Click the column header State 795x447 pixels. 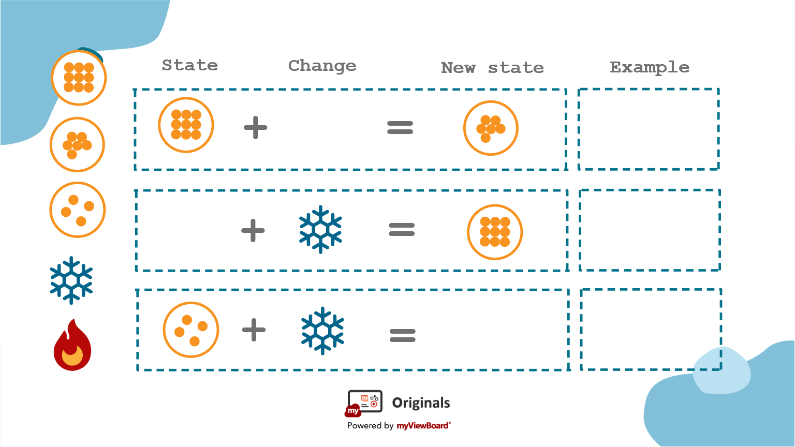189,65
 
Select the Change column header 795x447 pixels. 322,66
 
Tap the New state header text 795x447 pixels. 492,68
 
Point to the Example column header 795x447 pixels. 649,67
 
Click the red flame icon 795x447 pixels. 72,346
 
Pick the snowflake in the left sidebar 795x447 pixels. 71,280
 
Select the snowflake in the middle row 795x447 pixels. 320,229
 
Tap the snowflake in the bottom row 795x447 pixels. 322,331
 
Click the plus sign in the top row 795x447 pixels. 255,127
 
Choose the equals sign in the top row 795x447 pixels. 400,127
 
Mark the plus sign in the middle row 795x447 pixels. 253,230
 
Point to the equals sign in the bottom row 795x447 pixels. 402,336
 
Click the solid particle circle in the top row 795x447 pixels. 186,125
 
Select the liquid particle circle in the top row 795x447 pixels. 491,128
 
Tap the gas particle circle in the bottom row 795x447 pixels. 190,330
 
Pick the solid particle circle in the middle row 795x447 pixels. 495,232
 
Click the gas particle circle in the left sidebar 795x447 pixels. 77,210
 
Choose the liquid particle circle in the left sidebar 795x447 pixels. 77,144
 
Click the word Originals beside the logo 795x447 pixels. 421,403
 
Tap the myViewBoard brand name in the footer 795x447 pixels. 423,426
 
